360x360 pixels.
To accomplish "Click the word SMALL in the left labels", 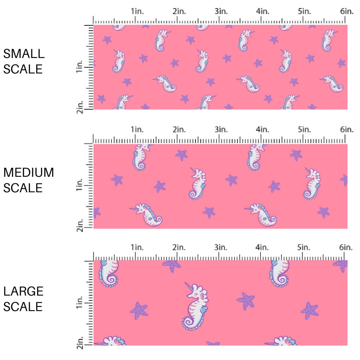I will tap(24, 54).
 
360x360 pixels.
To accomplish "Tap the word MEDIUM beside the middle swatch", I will tap(28, 173).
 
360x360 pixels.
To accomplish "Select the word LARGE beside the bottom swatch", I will tap(23, 291).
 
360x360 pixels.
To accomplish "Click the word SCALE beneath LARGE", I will tap(23, 307).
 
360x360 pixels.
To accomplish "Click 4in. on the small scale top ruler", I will tap(263, 11).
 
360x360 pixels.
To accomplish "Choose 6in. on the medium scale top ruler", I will tap(347, 130).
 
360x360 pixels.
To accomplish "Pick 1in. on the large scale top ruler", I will tap(137, 247).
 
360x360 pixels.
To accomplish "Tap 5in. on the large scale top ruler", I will tap(304, 247).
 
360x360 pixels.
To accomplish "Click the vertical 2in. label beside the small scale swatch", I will tap(79, 107).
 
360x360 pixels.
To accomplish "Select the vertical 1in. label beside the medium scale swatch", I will tap(79, 185).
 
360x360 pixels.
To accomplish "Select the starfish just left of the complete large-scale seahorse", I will tap(139, 310).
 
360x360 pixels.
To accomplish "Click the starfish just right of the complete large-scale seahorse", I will tap(246, 301).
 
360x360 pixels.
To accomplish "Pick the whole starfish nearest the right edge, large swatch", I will tap(309, 310).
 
